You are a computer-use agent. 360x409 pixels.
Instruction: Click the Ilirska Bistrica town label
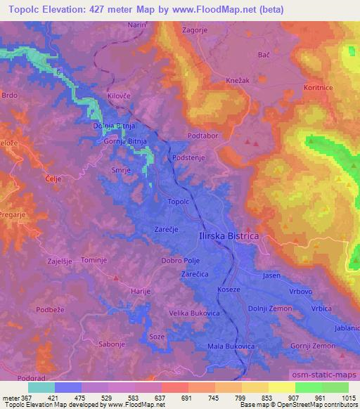229,238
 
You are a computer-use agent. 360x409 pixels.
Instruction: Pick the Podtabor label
201,135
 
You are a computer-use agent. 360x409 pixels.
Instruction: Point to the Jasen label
271,275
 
